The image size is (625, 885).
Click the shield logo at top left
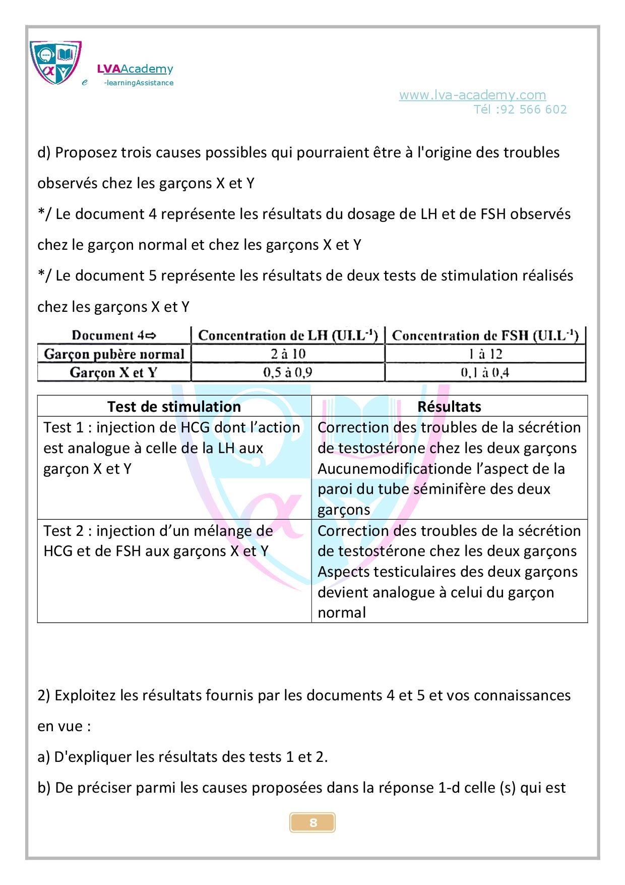pos(55,62)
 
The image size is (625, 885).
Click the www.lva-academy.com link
pos(472,95)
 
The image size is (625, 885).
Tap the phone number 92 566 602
pos(534,109)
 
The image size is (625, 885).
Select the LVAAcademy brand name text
pos(135,69)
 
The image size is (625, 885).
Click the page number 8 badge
pos(312,823)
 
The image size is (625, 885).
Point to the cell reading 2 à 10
pos(288,354)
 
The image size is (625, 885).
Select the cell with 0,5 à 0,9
pos(288,373)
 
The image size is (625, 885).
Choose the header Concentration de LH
pos(288,336)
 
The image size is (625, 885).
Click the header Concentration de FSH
pos(485,336)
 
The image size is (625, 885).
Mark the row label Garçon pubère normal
pos(114,354)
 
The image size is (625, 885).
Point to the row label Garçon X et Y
pos(114,373)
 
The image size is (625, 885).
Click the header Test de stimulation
pos(174,407)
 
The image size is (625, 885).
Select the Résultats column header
pos(449,407)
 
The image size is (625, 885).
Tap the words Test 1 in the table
pos(63,427)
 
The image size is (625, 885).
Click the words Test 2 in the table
pos(63,531)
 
